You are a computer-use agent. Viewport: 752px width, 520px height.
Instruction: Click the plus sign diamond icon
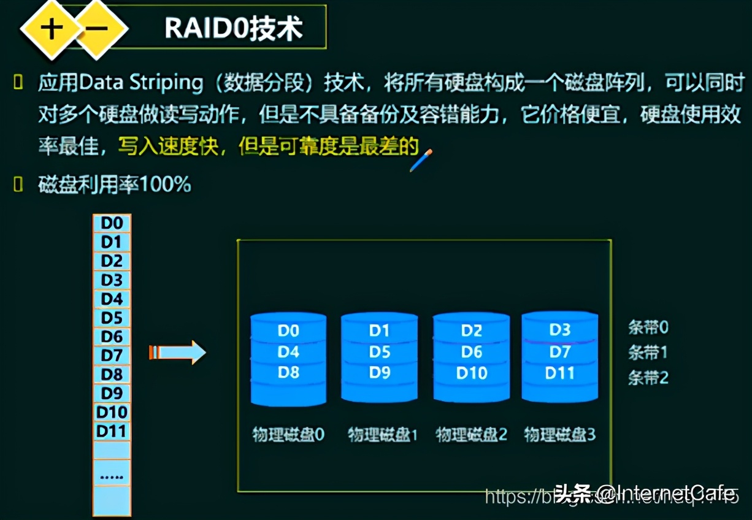pos(52,29)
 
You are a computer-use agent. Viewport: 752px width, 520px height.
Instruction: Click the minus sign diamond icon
pos(96,29)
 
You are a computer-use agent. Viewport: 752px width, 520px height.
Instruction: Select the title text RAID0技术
pos(234,28)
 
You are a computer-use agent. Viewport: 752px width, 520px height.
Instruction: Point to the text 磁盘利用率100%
pos(115,184)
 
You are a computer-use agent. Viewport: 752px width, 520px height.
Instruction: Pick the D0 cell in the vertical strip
pos(112,223)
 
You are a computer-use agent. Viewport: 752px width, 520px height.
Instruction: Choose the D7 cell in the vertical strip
pos(112,356)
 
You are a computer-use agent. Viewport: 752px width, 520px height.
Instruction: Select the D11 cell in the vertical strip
pos(112,432)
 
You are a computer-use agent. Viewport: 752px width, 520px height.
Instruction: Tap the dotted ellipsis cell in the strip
pos(112,475)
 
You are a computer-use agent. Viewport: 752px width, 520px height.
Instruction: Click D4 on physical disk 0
pos(288,352)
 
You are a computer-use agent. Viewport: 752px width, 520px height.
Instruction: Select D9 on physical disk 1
pos(380,373)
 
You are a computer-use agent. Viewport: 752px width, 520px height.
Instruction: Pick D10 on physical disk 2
pos(472,373)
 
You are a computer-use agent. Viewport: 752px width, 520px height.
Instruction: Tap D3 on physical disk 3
pos(559,331)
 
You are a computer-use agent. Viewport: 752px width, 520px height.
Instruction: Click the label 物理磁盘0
pos(288,435)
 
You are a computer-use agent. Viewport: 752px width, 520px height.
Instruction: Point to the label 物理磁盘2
pos(472,435)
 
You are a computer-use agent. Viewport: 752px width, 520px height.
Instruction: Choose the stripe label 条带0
pos(648,327)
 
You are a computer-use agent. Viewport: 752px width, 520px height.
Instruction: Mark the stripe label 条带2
pos(648,378)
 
